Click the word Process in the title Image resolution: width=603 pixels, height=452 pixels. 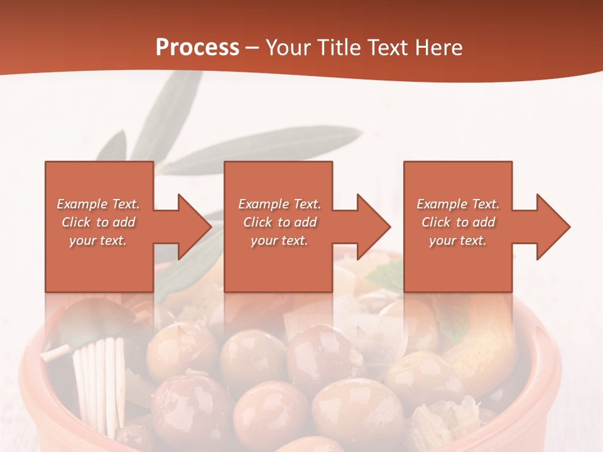pyautogui.click(x=197, y=48)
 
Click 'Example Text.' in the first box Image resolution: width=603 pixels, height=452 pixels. pyautogui.click(x=98, y=204)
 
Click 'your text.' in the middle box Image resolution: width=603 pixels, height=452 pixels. pyautogui.click(x=279, y=240)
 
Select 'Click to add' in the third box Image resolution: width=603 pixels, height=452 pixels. pyautogui.click(x=458, y=222)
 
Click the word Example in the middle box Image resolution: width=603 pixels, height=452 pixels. pyautogui.click(x=263, y=204)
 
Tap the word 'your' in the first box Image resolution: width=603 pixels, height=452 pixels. pyautogui.click(x=82, y=240)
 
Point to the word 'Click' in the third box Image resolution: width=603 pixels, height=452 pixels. pyautogui.click(x=436, y=222)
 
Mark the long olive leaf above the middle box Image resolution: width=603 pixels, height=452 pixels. pyautogui.click(x=264, y=149)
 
